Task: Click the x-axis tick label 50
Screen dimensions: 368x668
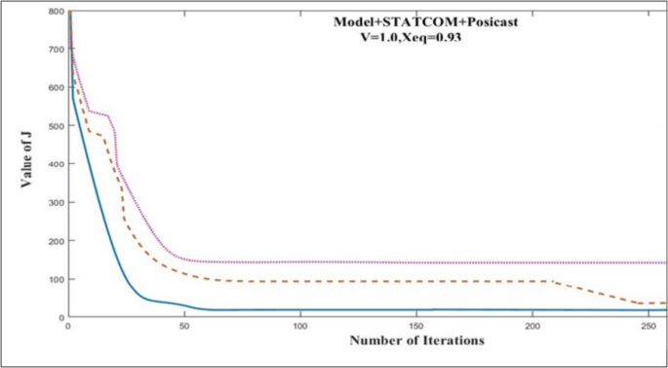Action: [183, 326]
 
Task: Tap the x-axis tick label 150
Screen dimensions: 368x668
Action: [416, 326]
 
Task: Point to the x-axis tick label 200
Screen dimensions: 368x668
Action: [532, 326]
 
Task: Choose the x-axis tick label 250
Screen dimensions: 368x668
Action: [648, 326]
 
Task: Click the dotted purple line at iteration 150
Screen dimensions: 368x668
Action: [416, 262]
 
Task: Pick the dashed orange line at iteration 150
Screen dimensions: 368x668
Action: [416, 281]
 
